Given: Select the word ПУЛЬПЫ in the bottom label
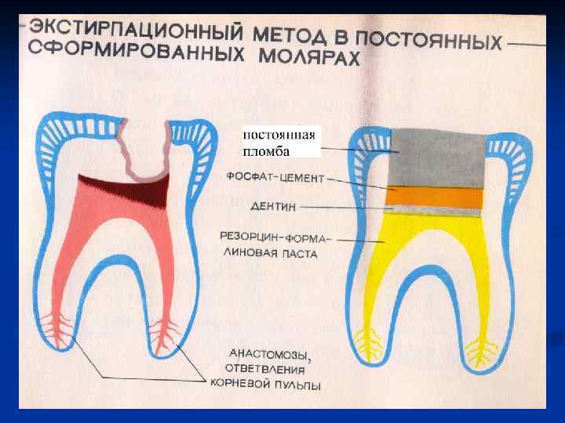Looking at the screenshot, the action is tap(297, 384).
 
